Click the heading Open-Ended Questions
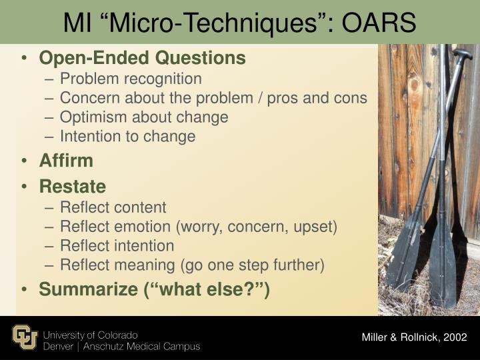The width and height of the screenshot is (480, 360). tap(142, 58)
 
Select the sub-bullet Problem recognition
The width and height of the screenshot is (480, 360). tap(131, 79)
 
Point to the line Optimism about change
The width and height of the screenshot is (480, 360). tap(144, 117)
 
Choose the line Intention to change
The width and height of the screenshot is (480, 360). tap(127, 137)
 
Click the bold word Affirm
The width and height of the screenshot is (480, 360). tap(66, 161)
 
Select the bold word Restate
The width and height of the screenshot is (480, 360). tap(72, 185)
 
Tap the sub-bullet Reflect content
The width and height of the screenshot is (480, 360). tap(113, 207)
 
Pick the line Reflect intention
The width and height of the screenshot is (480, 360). tap(117, 246)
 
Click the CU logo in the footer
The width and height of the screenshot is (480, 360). tap(25, 337)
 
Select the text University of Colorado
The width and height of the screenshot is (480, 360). tap(90, 334)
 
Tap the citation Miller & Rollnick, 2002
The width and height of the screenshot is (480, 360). tap(415, 337)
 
